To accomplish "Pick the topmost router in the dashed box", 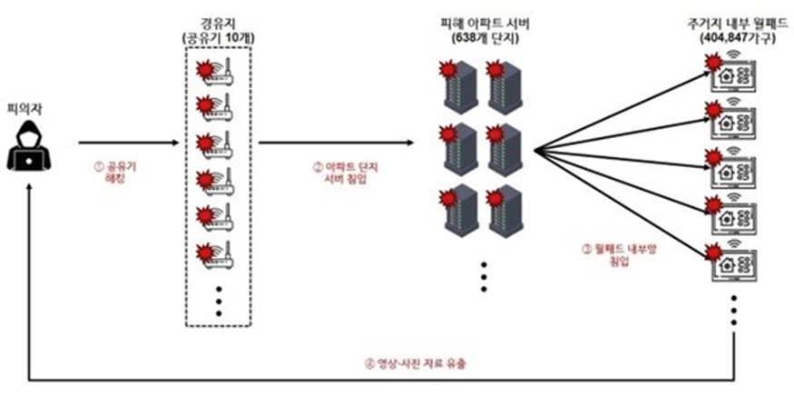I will pyautogui.click(x=219, y=69).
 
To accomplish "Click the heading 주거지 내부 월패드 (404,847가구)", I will pyautogui.click(x=736, y=30).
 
